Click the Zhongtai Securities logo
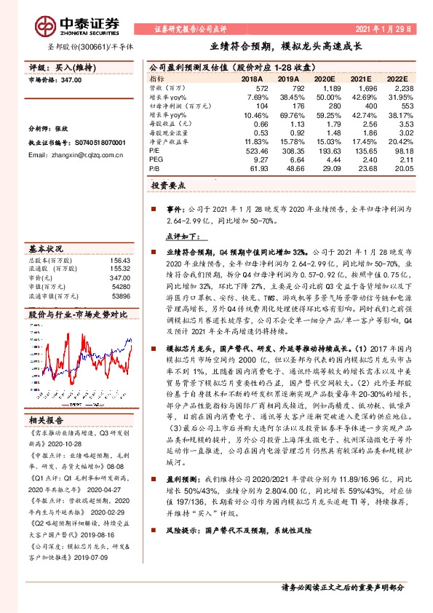point(59,23)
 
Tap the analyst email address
point(76,155)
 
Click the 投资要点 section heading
point(169,186)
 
